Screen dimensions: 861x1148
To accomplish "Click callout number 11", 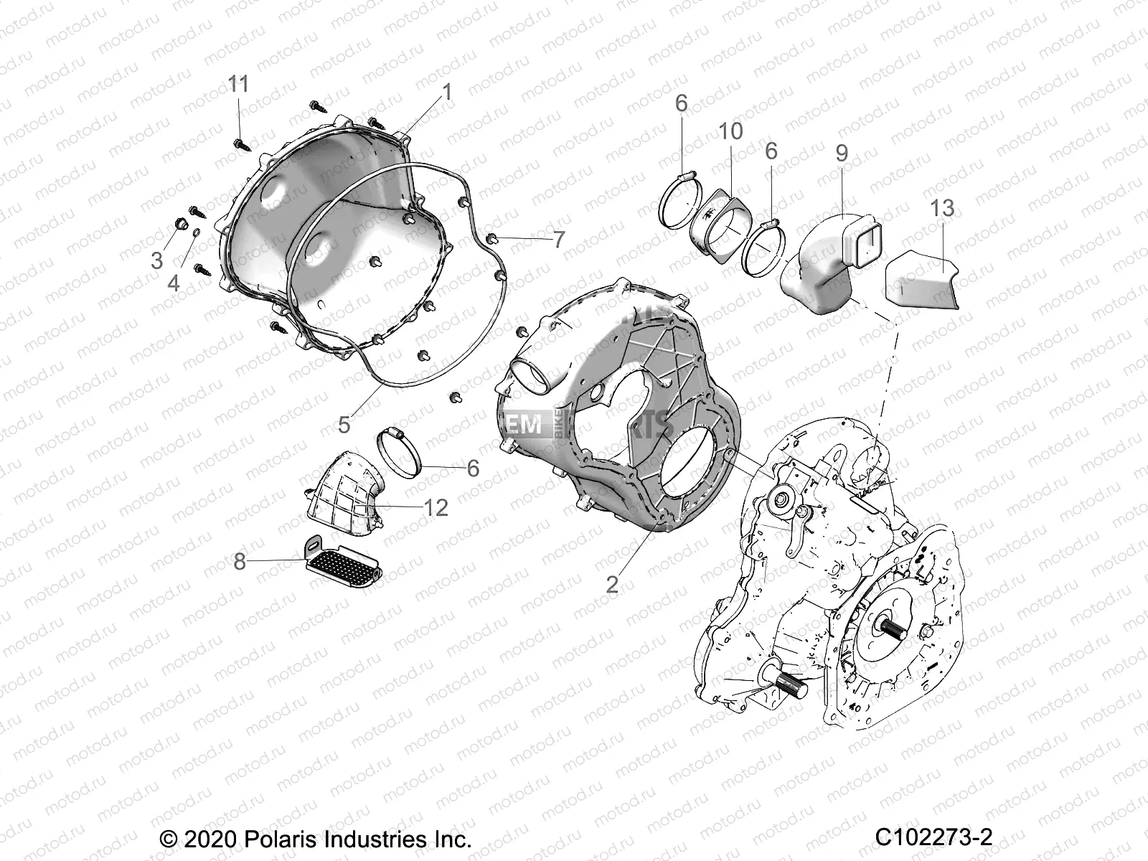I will tap(238, 85).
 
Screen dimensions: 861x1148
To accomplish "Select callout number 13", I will tap(942, 208).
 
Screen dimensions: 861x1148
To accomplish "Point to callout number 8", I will tap(239, 561).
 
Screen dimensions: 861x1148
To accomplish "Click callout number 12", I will tap(436, 508).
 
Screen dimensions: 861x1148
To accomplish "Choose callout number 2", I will tap(611, 583).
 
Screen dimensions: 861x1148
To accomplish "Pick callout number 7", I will tap(559, 239).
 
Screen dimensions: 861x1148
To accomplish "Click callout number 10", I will tap(732, 131).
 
